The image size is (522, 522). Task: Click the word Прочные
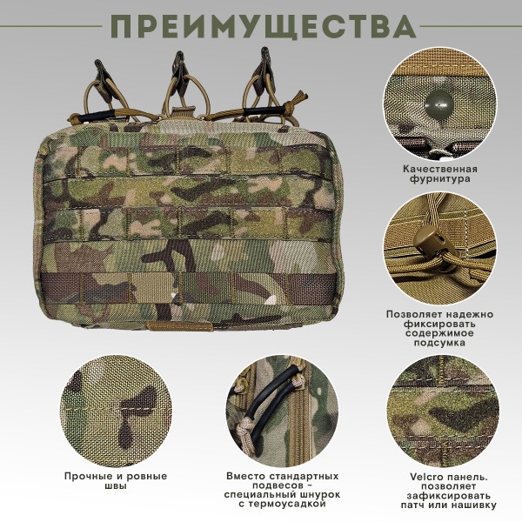click(x=86, y=476)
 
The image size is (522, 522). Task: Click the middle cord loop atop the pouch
click(x=181, y=83)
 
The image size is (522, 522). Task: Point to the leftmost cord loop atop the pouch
click(x=106, y=83)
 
